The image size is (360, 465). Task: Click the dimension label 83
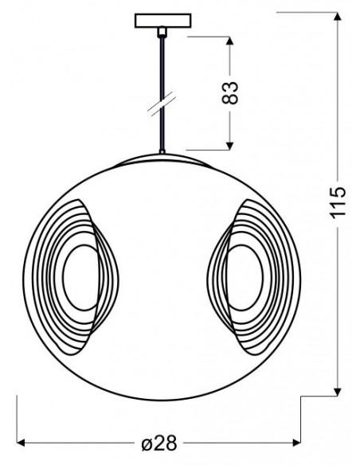pos(230,93)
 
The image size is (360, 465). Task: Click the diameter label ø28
pos(159,444)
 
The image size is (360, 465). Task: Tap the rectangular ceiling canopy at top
pos(162,21)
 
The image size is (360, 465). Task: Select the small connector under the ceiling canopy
pos(162,32)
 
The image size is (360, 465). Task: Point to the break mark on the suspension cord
pos(162,104)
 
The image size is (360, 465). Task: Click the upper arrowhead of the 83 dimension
pos(230,41)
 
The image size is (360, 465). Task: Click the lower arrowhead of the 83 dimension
pos(229,146)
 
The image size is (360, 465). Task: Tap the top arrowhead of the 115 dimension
pos(337,17)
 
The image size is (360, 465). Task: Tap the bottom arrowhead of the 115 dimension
pos(337,392)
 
